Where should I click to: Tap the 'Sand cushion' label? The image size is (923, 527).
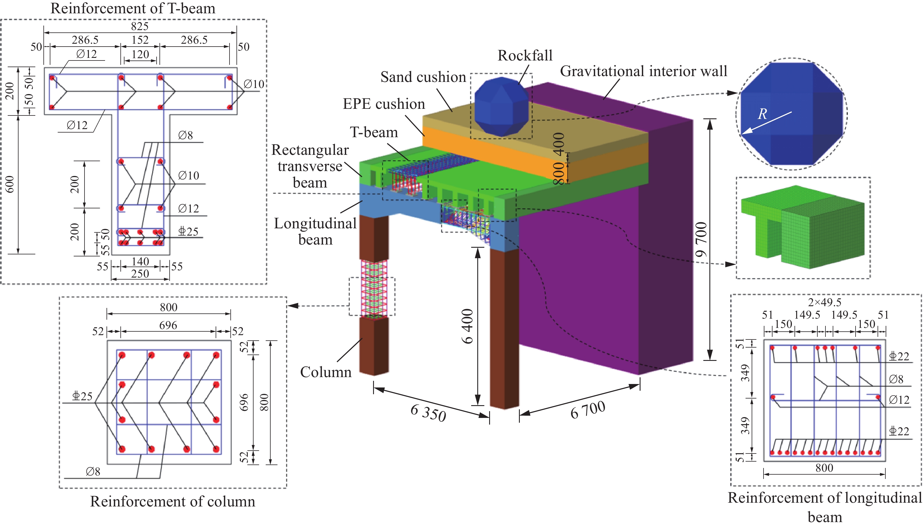(x=423, y=77)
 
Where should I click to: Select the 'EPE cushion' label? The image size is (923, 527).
(x=384, y=104)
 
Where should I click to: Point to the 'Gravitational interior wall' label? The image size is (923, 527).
(x=643, y=71)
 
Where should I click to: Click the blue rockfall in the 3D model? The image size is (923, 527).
(x=501, y=107)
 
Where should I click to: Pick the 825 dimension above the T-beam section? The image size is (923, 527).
(x=140, y=26)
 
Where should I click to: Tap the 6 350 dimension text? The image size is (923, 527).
(x=428, y=413)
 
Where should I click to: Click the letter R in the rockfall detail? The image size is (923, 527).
(x=762, y=114)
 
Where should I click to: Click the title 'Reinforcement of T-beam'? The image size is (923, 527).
(x=133, y=8)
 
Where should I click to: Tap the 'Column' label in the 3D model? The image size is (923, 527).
(x=325, y=372)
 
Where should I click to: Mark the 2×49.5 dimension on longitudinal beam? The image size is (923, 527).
(x=824, y=302)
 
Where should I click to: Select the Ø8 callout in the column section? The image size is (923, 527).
(x=93, y=471)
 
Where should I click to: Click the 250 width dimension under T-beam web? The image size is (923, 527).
(x=140, y=274)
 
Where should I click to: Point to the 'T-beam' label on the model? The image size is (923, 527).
(x=374, y=133)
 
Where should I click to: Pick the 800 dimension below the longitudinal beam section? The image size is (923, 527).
(x=824, y=468)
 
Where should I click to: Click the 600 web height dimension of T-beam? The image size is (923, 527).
(x=10, y=184)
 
